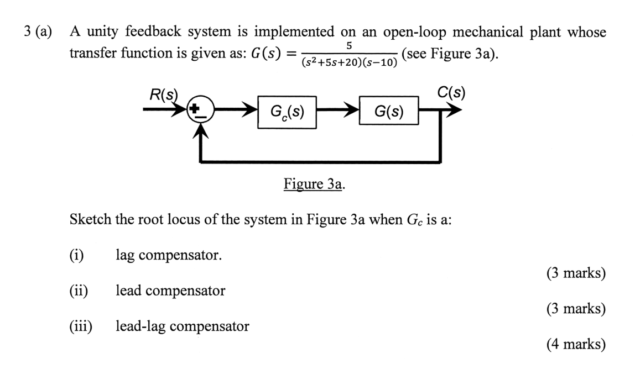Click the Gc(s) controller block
287,112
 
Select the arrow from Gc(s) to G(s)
337,112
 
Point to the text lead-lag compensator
182,326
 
